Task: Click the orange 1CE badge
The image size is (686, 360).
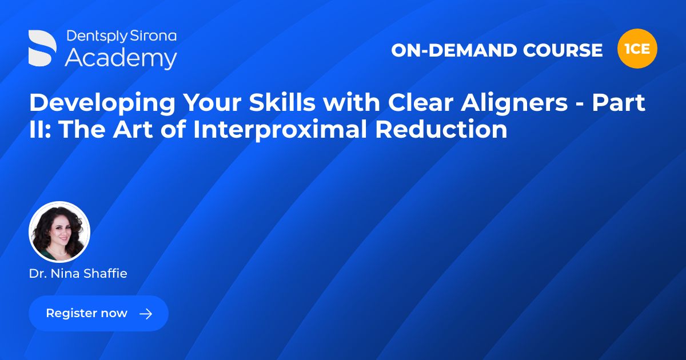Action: click(x=637, y=49)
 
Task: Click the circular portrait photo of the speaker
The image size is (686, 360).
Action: click(x=59, y=232)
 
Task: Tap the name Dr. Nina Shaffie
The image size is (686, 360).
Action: click(x=78, y=274)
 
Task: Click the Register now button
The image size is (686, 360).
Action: click(x=98, y=313)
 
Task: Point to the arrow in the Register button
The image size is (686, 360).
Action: click(x=146, y=313)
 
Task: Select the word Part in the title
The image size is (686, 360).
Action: click(x=619, y=103)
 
